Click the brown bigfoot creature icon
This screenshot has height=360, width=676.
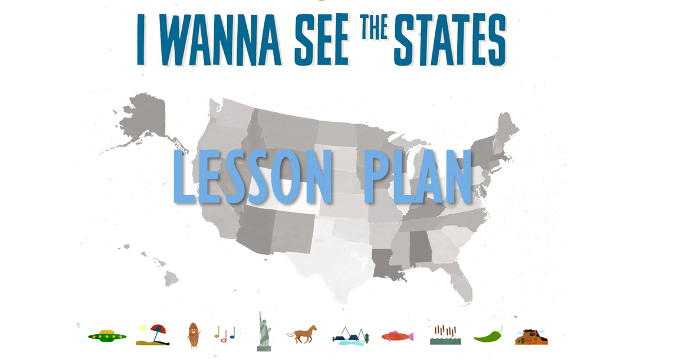[x=193, y=333]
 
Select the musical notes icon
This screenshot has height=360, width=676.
[x=227, y=334]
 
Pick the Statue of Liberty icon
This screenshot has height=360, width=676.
[x=263, y=331]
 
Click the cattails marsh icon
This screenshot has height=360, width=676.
[x=444, y=335]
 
